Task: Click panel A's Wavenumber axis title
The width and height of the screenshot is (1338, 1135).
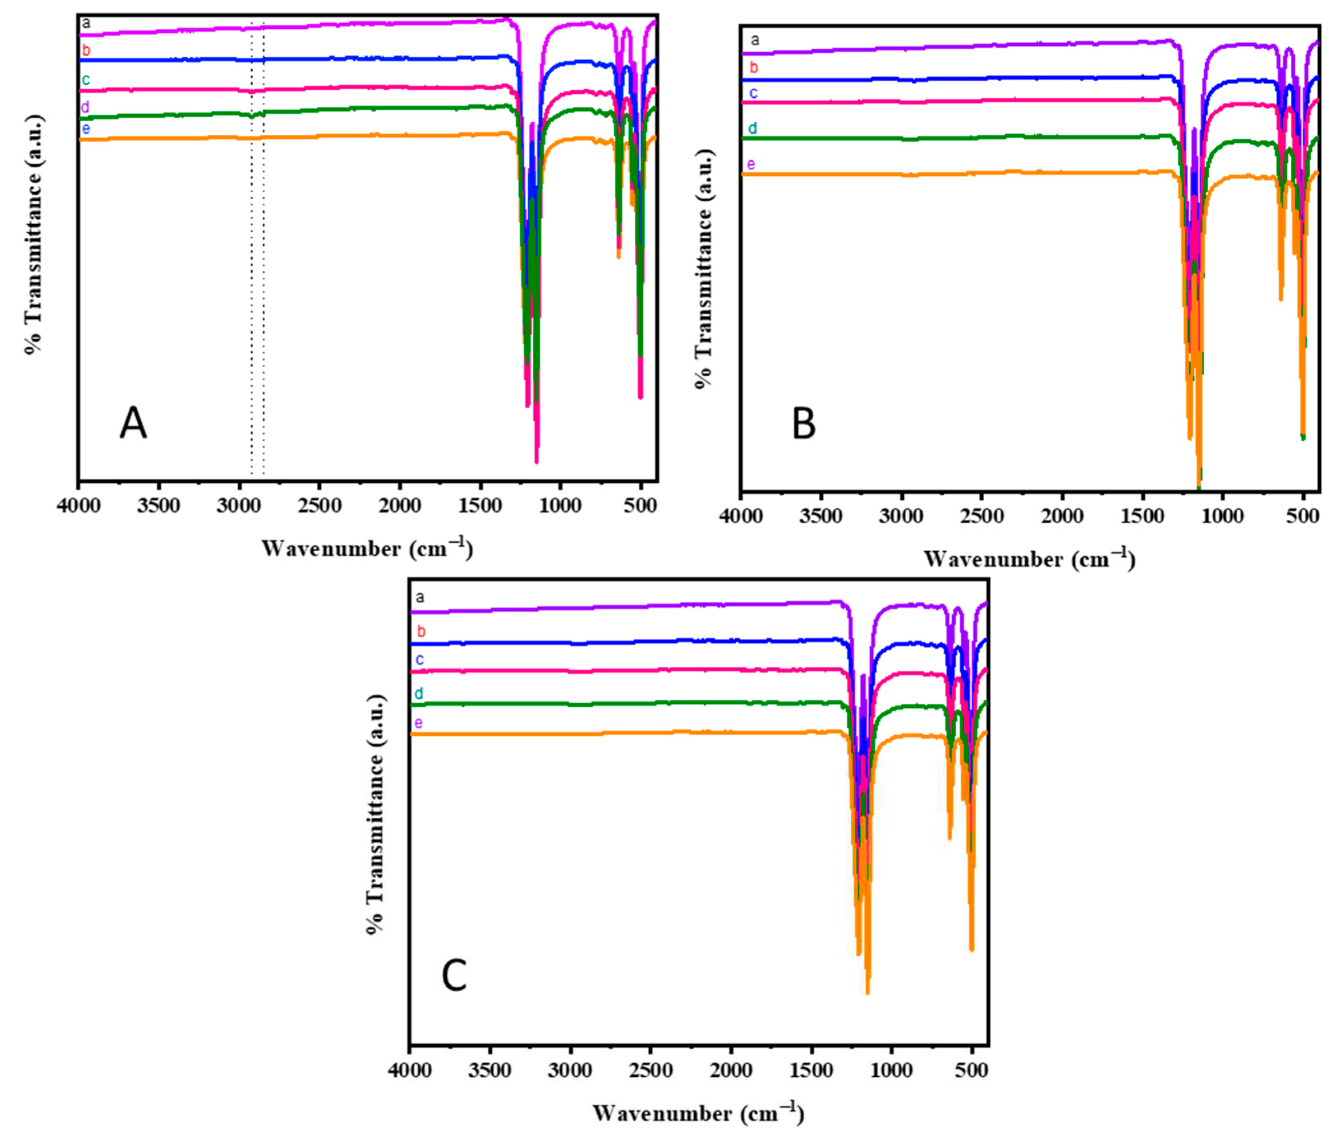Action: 367,548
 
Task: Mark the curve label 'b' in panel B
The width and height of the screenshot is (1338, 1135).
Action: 754,67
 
